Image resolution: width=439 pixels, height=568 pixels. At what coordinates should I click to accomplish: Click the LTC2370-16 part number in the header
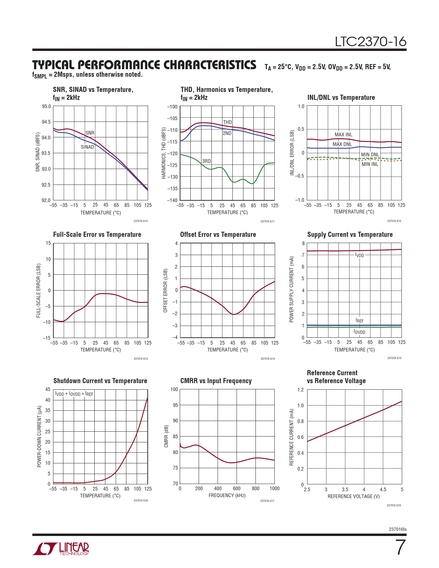(x=371, y=42)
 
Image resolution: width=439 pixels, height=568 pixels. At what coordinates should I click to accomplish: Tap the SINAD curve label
(x=87, y=147)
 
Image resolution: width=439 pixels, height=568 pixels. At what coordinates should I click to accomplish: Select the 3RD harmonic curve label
(x=207, y=161)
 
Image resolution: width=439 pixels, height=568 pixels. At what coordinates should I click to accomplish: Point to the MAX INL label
(x=343, y=135)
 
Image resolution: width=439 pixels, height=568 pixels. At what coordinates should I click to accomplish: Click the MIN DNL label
(x=370, y=155)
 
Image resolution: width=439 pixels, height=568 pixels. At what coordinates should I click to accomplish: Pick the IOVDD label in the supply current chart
(x=359, y=332)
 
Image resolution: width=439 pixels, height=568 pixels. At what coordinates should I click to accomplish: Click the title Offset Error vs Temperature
(x=218, y=234)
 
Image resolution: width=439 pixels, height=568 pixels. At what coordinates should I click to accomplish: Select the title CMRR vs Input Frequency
(x=216, y=381)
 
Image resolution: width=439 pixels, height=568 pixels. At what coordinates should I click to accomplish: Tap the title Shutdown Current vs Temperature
(x=100, y=381)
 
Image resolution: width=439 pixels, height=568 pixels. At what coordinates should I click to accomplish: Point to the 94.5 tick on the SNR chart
(x=46, y=122)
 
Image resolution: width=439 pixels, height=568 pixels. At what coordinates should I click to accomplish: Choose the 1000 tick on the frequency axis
(x=274, y=488)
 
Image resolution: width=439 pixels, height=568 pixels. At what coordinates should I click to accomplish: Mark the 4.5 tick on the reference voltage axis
(x=383, y=490)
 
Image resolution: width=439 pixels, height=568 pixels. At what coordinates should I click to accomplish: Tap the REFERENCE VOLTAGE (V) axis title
(x=354, y=496)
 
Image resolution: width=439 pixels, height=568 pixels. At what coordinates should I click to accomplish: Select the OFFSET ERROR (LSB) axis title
(x=165, y=291)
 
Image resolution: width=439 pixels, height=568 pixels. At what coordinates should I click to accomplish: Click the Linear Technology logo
(x=61, y=549)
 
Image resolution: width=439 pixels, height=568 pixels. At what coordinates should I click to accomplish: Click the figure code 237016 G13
(x=140, y=359)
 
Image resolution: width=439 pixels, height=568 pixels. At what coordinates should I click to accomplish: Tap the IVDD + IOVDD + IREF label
(x=74, y=394)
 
